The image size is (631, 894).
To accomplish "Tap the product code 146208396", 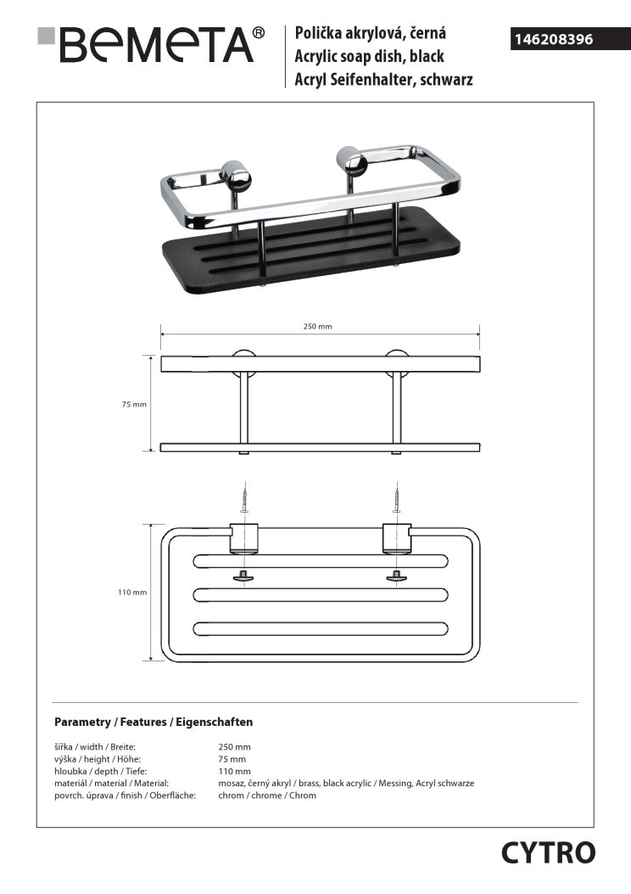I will click(x=552, y=39).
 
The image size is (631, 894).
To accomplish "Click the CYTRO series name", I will click(x=548, y=852).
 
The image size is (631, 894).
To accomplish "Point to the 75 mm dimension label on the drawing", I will click(x=135, y=405).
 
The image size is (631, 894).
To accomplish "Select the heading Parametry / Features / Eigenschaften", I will click(x=154, y=723).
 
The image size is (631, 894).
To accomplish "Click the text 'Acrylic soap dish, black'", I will click(x=369, y=57).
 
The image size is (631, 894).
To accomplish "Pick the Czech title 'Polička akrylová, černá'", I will click(x=370, y=34).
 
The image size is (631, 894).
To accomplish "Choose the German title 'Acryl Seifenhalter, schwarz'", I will click(x=383, y=80).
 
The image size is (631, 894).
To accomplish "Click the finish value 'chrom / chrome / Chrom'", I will click(x=267, y=796).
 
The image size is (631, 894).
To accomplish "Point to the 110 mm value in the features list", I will click(x=232, y=771).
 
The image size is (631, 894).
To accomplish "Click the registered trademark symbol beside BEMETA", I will click(x=259, y=33).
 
